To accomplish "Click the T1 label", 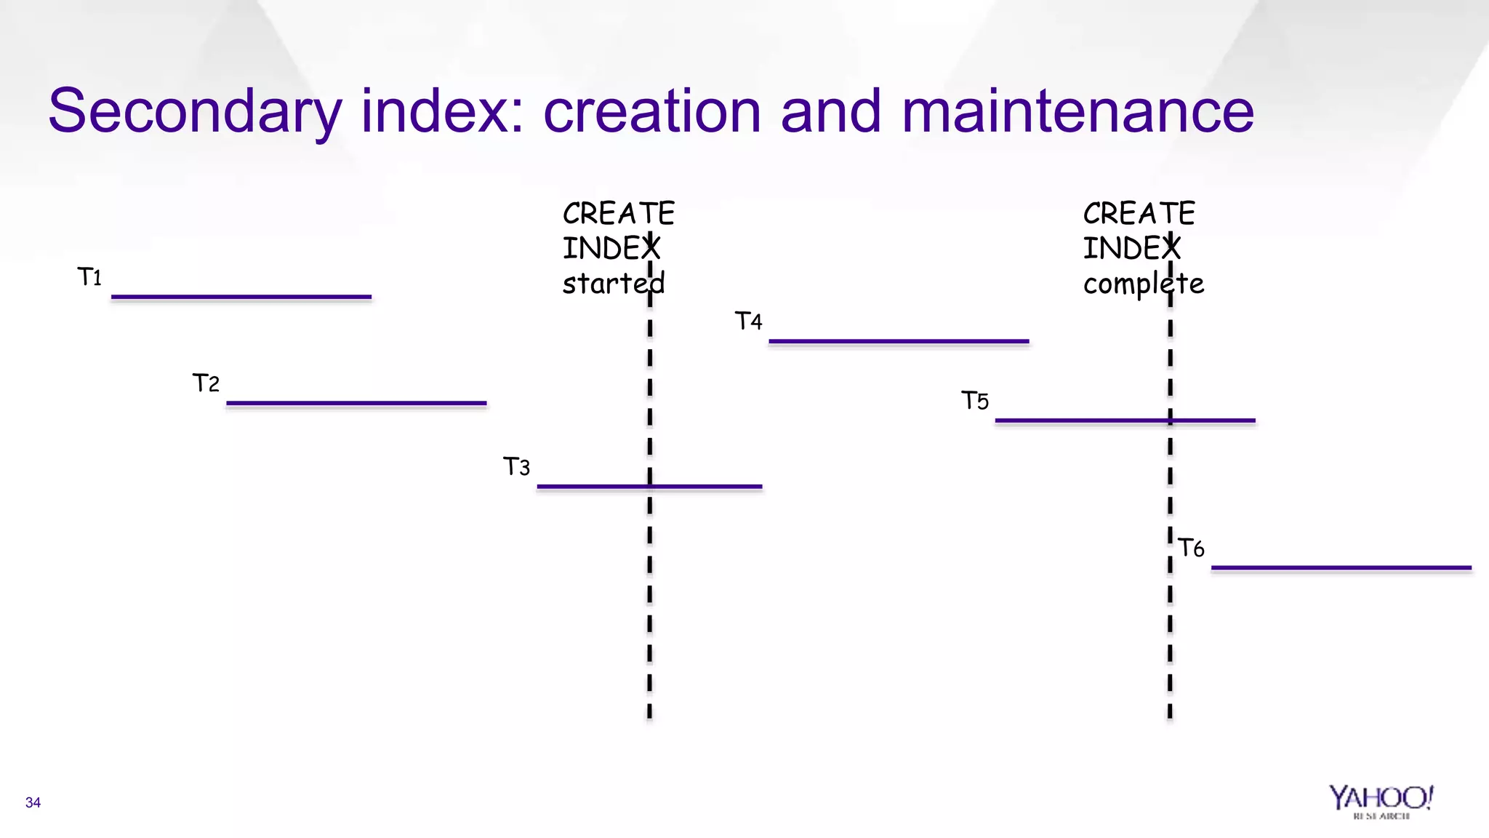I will (x=89, y=277).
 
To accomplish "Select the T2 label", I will (x=206, y=383).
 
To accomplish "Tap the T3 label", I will (x=516, y=466).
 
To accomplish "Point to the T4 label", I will (x=748, y=321).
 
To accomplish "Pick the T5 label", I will (x=975, y=400).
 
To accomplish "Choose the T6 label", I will (x=1191, y=548).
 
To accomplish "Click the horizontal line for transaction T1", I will (x=241, y=297).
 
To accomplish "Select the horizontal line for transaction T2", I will (x=356, y=403).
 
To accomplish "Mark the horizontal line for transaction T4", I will (x=899, y=340).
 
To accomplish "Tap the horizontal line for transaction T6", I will (x=1341, y=567).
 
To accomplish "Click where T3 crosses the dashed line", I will (x=650, y=486).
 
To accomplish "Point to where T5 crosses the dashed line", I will (x=1171, y=420).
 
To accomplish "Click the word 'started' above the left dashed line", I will (x=614, y=283).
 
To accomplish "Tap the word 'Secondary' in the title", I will (x=195, y=111).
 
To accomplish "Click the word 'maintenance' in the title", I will (x=1077, y=111).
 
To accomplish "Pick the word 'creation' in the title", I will (x=652, y=111).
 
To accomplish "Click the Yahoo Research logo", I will (x=1381, y=801).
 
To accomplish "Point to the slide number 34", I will (x=33, y=802).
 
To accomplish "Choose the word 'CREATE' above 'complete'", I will (x=1139, y=214).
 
